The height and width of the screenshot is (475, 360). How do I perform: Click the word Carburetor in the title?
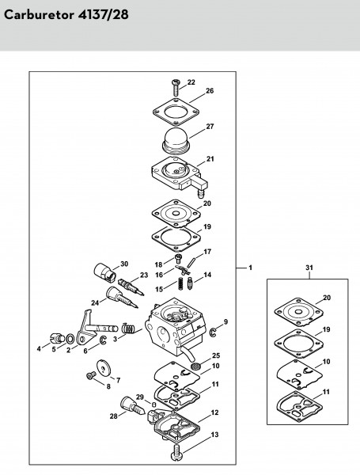coord(39,15)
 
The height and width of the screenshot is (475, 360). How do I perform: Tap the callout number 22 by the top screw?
coord(191,82)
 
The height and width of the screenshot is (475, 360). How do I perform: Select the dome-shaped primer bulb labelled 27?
coord(176,142)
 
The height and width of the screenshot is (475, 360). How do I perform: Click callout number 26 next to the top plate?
coord(210,91)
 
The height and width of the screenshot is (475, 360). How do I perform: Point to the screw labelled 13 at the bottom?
coord(176,453)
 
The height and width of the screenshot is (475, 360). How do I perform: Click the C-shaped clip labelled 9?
coord(214,332)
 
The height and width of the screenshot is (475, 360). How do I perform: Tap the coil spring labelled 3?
coord(129,329)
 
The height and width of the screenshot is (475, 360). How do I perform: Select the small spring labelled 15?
coord(180,284)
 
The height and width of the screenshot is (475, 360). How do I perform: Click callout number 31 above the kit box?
coord(309,268)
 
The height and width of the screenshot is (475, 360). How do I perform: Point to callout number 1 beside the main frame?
coord(250,268)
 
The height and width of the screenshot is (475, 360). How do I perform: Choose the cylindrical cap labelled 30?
coord(104,272)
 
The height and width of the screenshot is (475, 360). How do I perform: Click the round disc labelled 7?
coord(104,368)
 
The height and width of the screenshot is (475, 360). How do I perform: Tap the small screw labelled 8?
coord(91,375)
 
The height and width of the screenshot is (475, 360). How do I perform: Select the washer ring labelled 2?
coord(70,338)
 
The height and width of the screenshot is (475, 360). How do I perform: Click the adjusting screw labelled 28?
coord(133,406)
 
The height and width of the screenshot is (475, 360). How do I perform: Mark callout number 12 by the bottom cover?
coord(214,412)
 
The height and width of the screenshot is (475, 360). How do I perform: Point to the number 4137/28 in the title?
coord(103,15)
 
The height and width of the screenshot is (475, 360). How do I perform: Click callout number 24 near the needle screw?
coord(95,302)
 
